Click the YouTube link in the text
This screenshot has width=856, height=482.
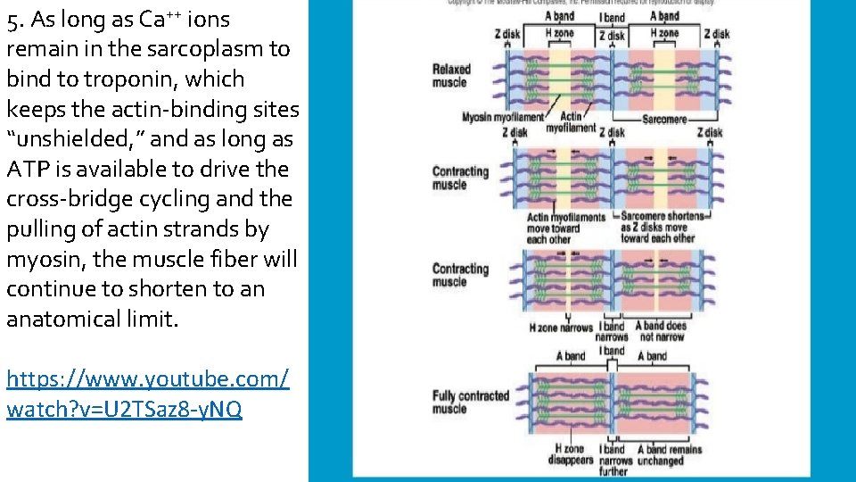pos(147,395)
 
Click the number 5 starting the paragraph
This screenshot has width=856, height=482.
pos(12,20)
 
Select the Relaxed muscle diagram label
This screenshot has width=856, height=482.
pos(451,76)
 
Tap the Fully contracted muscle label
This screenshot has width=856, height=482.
pos(470,403)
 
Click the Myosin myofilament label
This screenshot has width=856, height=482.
pos(502,118)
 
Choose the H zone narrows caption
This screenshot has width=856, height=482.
pos(561,328)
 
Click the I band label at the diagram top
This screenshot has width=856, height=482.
pos(613,18)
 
